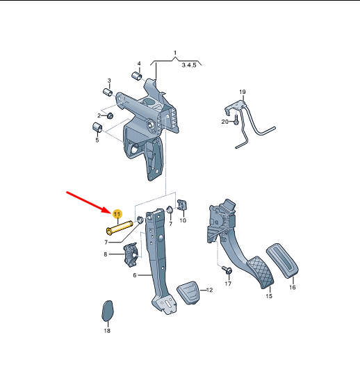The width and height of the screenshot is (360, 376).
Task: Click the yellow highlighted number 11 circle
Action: tap(117, 214)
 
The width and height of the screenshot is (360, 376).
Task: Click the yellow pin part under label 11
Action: tap(120, 227)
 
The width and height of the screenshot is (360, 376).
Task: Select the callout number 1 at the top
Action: tap(175, 53)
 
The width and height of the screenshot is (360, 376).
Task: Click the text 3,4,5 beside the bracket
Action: tap(189, 65)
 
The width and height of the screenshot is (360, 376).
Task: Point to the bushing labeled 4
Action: tap(137, 76)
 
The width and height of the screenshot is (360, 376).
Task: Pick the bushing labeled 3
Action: tap(108, 92)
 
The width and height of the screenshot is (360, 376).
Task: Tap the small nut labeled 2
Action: tap(110, 116)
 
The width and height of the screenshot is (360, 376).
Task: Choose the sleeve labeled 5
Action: tap(97, 127)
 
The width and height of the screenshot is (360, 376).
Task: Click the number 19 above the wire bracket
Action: tap(243, 92)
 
